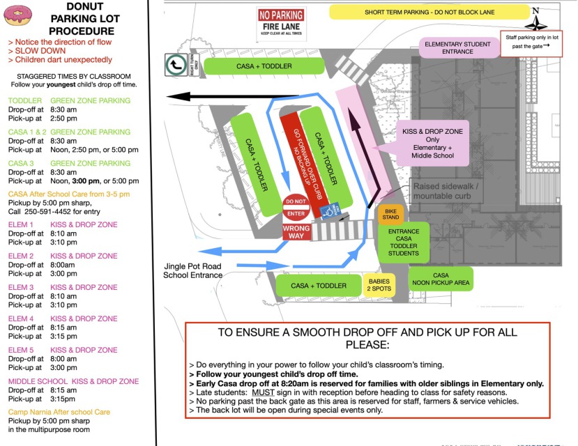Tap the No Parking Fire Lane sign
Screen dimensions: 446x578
[x=280, y=23]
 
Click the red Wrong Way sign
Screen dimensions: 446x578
[x=296, y=232]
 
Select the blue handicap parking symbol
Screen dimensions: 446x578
[x=326, y=210]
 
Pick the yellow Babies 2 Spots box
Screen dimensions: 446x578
[x=380, y=285]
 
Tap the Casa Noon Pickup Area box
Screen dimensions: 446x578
[x=441, y=279]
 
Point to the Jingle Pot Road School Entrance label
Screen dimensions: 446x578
[x=192, y=270]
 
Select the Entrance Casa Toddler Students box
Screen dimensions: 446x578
[x=404, y=243]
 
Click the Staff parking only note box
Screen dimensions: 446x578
[x=535, y=40]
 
